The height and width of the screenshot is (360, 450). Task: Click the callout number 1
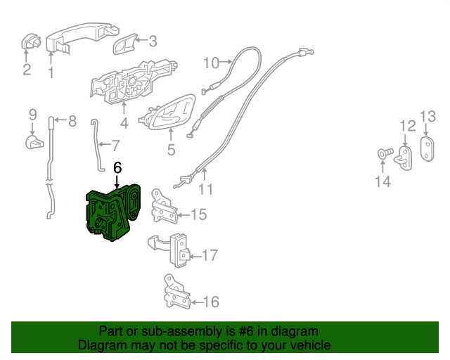(51, 72)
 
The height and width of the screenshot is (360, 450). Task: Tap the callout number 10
(212, 63)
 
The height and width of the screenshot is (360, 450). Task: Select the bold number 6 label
(117, 168)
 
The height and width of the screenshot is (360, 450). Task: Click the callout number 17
(211, 256)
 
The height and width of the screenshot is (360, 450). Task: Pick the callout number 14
(382, 184)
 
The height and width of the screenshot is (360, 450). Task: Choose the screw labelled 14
(382, 153)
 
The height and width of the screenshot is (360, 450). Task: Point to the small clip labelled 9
(34, 143)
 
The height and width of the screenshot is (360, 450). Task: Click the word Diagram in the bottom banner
(103, 345)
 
